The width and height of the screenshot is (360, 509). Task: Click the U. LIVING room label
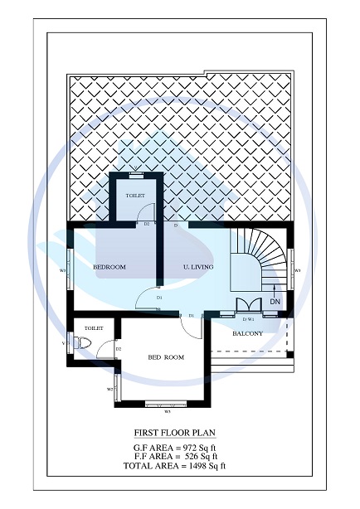[x=198, y=267]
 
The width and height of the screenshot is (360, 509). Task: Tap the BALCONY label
[x=247, y=334]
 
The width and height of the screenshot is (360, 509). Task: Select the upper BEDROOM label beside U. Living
[x=109, y=267]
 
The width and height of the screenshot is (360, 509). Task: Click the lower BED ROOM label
[x=166, y=357]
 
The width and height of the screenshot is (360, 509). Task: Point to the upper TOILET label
[x=135, y=196]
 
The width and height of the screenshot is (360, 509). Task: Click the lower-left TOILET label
[x=94, y=328]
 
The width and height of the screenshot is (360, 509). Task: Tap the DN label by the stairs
[x=275, y=303]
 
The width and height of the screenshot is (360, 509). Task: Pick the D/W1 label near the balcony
[x=248, y=319]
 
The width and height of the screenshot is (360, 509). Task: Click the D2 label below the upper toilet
[x=146, y=224]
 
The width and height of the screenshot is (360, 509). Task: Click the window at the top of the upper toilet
[x=135, y=175]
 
